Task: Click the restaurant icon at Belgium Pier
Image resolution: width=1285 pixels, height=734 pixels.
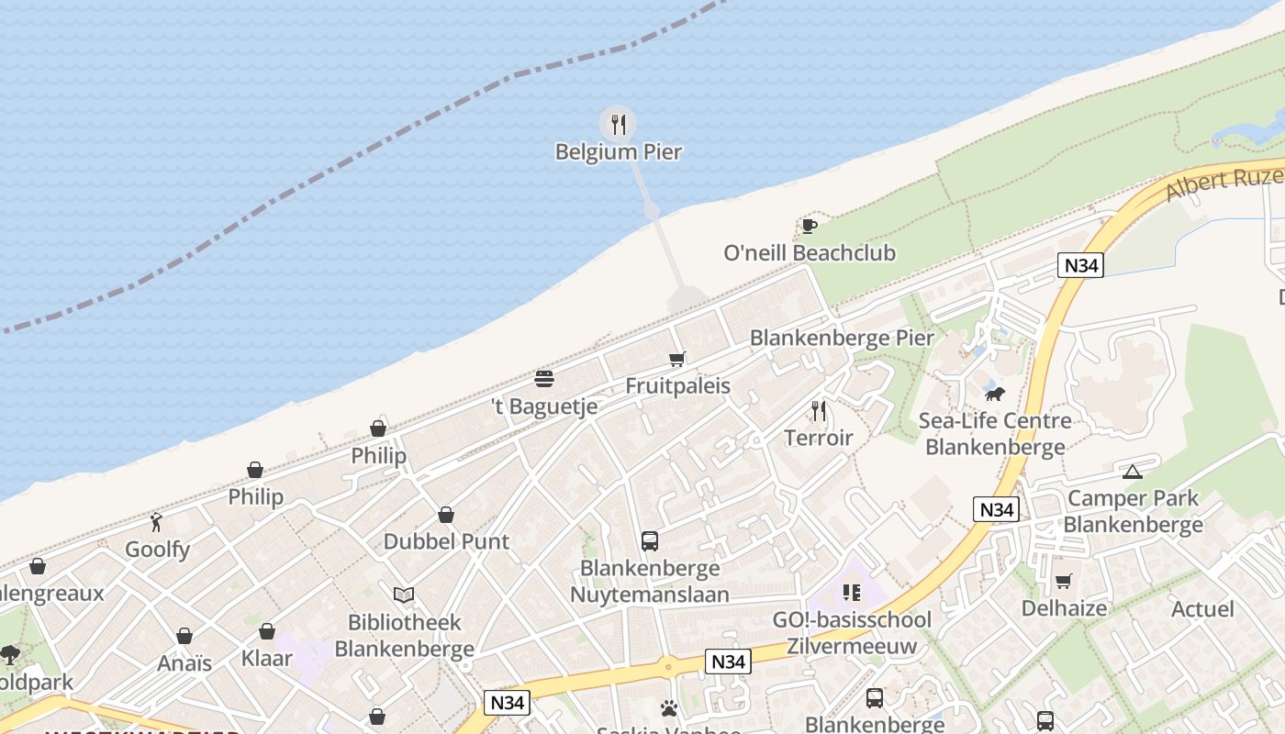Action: [619, 124]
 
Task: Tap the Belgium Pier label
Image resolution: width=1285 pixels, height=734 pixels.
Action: [619, 152]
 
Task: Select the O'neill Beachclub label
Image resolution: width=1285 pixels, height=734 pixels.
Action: [809, 253]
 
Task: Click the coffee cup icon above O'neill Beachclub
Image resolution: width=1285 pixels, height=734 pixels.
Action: [809, 226]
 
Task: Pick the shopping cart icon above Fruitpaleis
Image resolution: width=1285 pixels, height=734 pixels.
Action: [677, 359]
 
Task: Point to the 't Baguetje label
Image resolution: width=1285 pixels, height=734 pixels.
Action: [544, 406]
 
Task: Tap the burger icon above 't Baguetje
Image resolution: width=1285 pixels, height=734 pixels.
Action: [544, 379]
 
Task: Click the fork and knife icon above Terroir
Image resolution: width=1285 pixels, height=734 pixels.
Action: [819, 410]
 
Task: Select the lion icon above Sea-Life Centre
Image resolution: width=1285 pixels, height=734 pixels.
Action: [995, 394]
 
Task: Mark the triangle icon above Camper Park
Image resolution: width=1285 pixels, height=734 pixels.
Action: [1133, 472]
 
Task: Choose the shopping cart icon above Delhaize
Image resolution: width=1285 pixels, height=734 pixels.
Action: [1064, 581]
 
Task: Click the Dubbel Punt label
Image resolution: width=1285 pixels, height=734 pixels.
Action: [446, 541]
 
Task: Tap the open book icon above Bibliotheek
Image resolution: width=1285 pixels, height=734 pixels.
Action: [404, 595]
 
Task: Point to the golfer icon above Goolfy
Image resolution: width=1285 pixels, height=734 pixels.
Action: [157, 522]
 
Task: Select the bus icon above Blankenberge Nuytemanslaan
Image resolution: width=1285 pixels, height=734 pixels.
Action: [650, 541]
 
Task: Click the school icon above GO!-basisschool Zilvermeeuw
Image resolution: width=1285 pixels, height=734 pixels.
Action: [852, 593]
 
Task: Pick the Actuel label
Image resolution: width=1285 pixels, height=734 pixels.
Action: [1202, 609]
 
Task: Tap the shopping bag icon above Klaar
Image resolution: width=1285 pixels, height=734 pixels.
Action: [267, 631]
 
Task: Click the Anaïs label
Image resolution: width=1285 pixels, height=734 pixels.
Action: [184, 663]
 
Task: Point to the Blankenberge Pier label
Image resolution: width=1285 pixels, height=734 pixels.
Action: [842, 338]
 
